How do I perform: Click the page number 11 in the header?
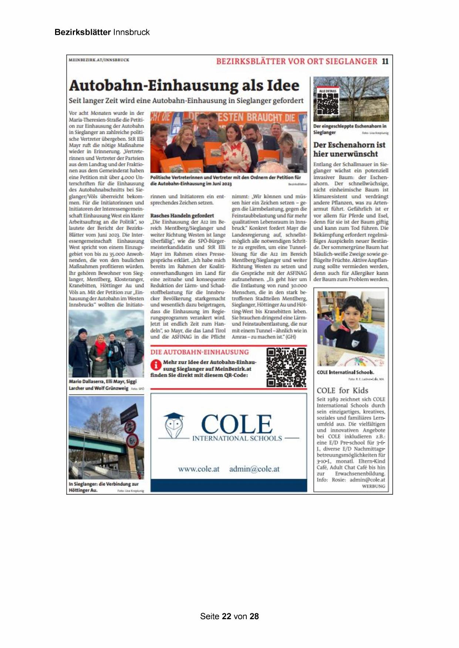[x=385, y=61]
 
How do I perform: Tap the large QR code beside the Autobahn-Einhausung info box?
[x=286, y=367]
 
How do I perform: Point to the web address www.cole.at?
[x=199, y=469]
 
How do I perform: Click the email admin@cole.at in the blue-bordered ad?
[x=254, y=469]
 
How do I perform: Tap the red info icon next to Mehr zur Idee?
[x=156, y=365]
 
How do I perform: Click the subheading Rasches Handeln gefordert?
[x=182, y=215]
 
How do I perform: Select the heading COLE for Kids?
[x=342, y=390]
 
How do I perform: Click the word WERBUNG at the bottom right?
[x=374, y=486]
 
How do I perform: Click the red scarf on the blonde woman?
[x=101, y=347]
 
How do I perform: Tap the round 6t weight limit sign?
[x=132, y=441]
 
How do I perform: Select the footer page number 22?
[x=227, y=616]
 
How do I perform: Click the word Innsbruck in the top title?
[x=131, y=32]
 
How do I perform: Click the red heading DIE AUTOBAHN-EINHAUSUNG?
[x=199, y=352]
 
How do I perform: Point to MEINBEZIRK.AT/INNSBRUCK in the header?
[x=99, y=60]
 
